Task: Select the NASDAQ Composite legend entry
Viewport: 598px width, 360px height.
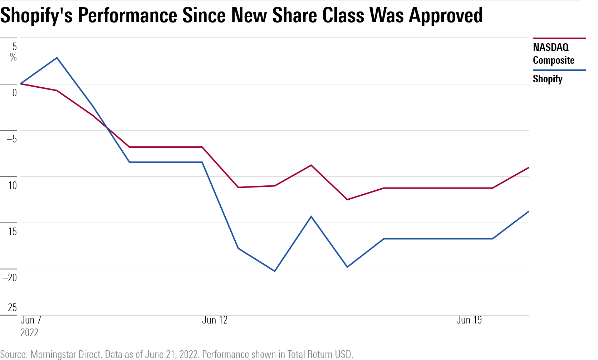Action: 553,54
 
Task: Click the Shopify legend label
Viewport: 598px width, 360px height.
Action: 547,79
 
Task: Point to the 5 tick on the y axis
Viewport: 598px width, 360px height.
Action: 14,47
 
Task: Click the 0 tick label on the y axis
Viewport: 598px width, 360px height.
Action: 14,93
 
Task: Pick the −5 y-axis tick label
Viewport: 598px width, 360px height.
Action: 11,139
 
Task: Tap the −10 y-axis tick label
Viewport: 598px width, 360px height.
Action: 10,185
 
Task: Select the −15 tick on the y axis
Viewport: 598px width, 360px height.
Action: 10,231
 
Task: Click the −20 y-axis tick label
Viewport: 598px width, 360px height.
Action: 10,277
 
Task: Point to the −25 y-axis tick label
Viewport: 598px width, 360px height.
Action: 10,307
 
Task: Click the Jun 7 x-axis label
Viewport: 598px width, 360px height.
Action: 31,320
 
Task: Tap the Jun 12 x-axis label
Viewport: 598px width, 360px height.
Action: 215,320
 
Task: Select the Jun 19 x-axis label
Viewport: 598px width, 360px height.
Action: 469,320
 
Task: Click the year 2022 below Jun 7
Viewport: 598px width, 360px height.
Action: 29,332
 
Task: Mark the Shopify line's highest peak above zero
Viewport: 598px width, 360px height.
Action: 57,58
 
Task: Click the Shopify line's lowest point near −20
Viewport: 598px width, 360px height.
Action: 275,271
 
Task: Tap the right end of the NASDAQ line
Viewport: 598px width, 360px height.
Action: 529,168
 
